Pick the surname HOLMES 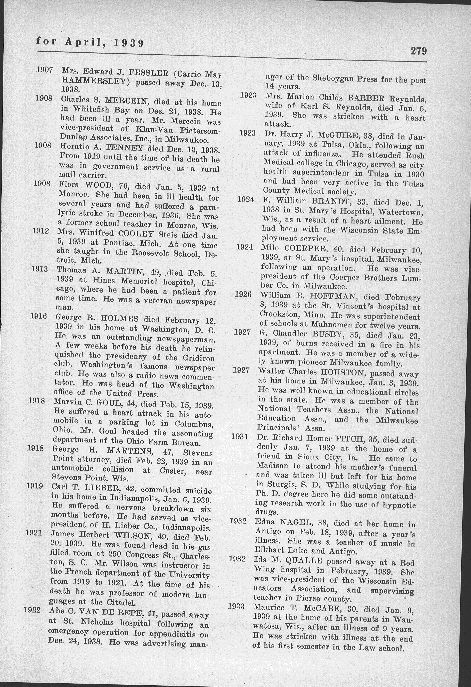pyautogui.click(x=119, y=319)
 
